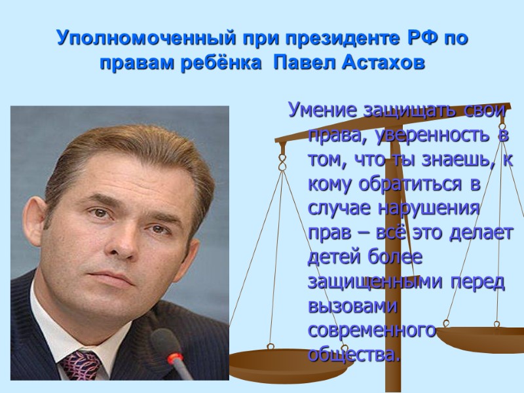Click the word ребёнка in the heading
click(x=215, y=65)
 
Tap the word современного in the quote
click(x=371, y=330)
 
